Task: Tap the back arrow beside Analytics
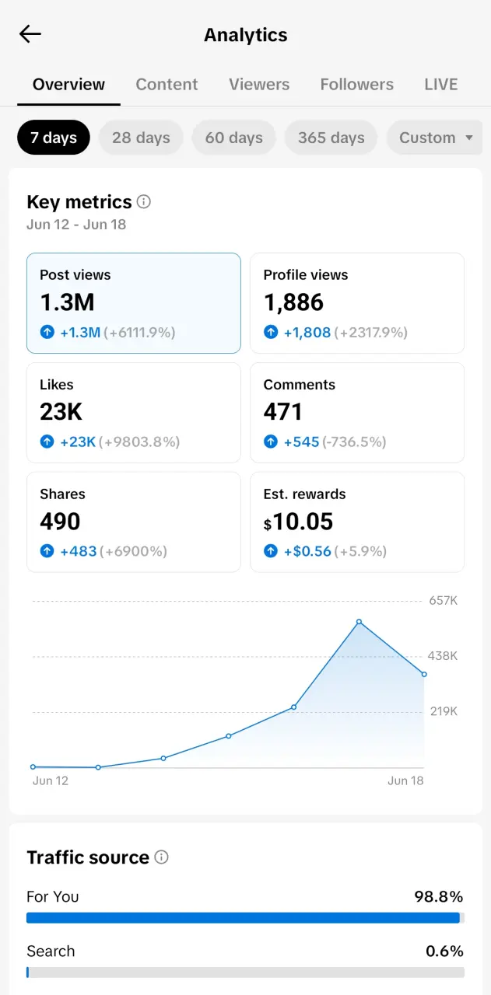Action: point(30,33)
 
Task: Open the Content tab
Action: point(167,85)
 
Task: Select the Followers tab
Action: point(356,85)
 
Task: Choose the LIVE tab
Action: point(440,85)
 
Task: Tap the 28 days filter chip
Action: point(141,138)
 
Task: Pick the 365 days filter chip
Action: point(331,138)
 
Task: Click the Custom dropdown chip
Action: point(434,138)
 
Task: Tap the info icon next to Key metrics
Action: point(144,201)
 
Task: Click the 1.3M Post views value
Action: point(67,302)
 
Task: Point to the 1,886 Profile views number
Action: point(293,302)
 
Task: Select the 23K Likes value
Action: point(61,412)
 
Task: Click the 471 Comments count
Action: point(283,412)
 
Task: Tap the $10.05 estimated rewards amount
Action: point(298,522)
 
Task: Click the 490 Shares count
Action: point(60,522)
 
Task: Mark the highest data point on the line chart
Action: point(359,621)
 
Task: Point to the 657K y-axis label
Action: point(443,601)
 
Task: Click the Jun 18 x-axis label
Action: point(405,780)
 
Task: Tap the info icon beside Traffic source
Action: point(161,857)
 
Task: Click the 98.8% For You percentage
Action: point(439,896)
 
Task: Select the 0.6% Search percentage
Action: point(444,951)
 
